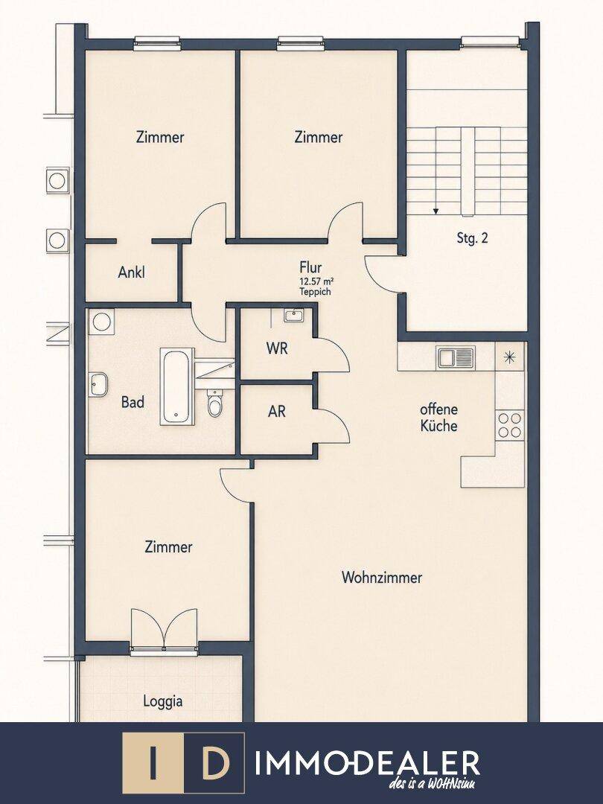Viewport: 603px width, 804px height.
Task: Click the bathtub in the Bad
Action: (177, 386)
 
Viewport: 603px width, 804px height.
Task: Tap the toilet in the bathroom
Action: (214, 403)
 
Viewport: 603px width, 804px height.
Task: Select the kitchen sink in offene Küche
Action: (456, 357)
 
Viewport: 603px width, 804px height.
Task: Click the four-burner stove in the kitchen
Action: (510, 426)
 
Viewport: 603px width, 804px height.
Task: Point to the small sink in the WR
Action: (294, 316)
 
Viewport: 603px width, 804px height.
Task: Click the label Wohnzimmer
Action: (382, 578)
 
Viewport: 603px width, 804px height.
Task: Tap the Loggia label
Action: (162, 701)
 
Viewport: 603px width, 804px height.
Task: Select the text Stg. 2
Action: (472, 238)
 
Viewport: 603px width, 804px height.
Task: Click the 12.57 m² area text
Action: (317, 281)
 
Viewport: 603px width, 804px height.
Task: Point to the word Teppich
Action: (316, 292)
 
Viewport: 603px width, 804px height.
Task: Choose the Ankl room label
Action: (131, 272)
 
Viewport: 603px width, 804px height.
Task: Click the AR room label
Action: (277, 411)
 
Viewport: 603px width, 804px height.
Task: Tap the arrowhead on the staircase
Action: (435, 210)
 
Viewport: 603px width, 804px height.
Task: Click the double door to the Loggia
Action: (164, 630)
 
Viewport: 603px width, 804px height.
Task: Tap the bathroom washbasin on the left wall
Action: (98, 384)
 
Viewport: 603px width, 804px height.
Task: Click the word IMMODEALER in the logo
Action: (367, 763)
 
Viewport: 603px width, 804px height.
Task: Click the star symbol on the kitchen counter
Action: (510, 357)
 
